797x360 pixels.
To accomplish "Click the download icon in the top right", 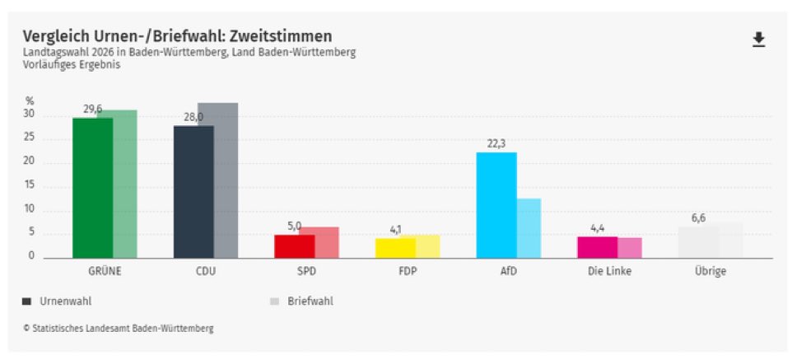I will pyautogui.click(x=758, y=40).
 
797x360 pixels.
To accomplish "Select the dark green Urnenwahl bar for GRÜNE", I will pyautogui.click(x=92, y=188).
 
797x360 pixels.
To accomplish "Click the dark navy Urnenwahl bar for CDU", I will pyautogui.click(x=193, y=192).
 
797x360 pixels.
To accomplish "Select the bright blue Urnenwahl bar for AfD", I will pyautogui.click(x=496, y=205).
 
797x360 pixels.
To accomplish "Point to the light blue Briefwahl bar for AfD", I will pyautogui.click(x=529, y=228).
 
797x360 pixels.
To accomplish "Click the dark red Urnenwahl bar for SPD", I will pyautogui.click(x=294, y=247).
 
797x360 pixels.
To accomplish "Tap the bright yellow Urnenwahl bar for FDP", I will pyautogui.click(x=395, y=248).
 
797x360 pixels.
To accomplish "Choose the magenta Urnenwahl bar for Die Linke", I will pyautogui.click(x=597, y=248).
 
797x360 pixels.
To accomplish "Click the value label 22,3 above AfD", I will pyautogui.click(x=496, y=143).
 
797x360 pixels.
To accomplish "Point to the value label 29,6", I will pyautogui.click(x=92, y=109).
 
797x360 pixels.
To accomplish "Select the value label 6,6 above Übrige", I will pyautogui.click(x=698, y=218).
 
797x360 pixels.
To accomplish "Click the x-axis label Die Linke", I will pyautogui.click(x=609, y=271).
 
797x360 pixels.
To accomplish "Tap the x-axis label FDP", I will pyautogui.click(x=406, y=271).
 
